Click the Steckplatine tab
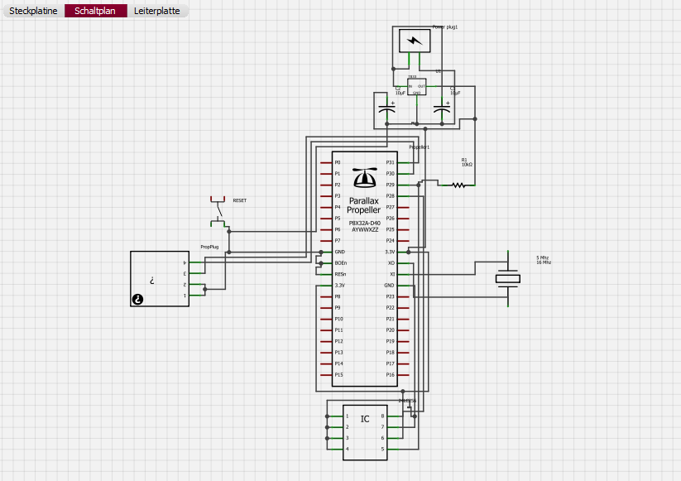(x=33, y=12)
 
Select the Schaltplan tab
(x=95, y=12)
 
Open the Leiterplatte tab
(x=156, y=12)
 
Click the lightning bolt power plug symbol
(x=415, y=41)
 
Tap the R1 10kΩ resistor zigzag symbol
(x=458, y=185)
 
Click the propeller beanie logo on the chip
(x=364, y=177)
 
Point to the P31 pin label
(x=391, y=162)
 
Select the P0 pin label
(x=338, y=162)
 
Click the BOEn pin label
(x=340, y=262)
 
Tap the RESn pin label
(x=340, y=274)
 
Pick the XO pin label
(x=391, y=262)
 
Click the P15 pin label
(x=338, y=374)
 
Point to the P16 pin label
(x=391, y=374)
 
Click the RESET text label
(x=239, y=200)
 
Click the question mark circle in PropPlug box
(x=138, y=299)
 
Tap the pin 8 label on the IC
(x=382, y=416)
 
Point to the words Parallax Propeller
(x=364, y=205)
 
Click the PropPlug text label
(x=209, y=247)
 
